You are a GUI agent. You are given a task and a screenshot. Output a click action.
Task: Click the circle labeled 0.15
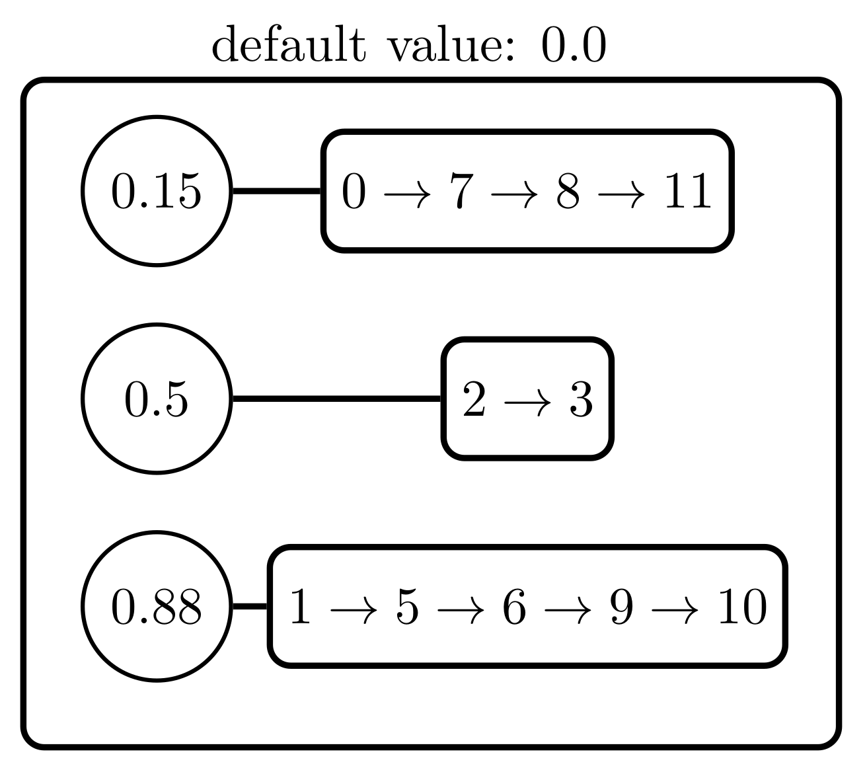(x=157, y=191)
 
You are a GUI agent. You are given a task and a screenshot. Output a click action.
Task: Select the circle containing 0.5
(x=157, y=399)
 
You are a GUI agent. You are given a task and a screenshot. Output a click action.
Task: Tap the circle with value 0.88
(x=157, y=606)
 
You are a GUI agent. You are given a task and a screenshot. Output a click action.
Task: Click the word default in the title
(x=287, y=46)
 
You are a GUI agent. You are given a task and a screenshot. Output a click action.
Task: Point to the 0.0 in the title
(x=573, y=46)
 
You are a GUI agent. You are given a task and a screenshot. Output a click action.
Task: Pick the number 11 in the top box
(x=688, y=192)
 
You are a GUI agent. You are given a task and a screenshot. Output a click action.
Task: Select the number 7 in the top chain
(x=461, y=192)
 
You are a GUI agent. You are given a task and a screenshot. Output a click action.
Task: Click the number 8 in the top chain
(x=568, y=192)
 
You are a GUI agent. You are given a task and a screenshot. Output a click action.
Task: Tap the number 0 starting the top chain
(x=354, y=192)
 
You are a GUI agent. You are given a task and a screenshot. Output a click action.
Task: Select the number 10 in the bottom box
(x=742, y=607)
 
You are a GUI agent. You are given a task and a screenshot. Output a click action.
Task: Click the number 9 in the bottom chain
(x=621, y=607)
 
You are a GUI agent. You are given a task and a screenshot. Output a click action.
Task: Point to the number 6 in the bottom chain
(x=514, y=607)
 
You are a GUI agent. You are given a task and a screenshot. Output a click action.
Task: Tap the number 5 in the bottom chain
(x=407, y=607)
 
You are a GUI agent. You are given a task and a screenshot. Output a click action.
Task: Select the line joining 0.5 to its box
(x=337, y=399)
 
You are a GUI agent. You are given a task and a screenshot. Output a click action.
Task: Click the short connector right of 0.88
(x=250, y=606)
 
